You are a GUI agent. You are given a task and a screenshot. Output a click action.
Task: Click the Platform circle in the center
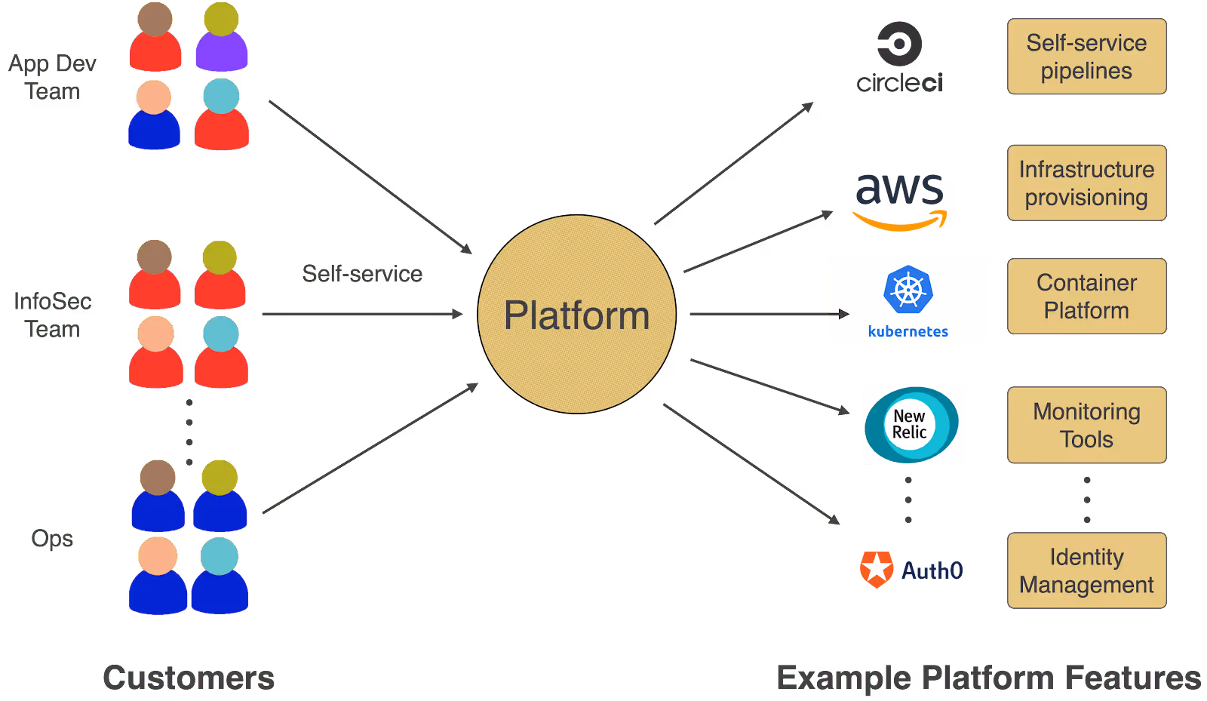click(577, 314)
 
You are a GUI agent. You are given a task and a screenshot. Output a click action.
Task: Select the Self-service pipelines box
click(1086, 57)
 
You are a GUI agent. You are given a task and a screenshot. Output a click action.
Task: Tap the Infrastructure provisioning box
click(1086, 183)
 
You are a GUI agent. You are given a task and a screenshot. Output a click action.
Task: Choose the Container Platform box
click(1086, 297)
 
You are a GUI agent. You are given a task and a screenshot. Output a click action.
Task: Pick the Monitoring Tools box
click(1086, 425)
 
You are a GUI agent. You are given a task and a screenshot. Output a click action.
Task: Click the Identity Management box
click(1086, 570)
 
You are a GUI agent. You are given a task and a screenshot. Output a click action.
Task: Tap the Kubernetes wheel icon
click(908, 290)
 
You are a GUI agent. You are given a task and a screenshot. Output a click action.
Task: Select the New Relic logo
click(911, 424)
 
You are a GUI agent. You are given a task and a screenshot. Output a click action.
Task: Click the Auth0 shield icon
click(876, 570)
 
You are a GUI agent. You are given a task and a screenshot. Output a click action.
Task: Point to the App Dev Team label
click(52, 77)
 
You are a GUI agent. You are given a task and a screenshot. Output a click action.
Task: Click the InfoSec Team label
click(52, 315)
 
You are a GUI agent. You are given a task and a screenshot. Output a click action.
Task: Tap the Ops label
click(52, 539)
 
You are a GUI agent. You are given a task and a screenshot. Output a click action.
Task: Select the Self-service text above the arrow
click(362, 273)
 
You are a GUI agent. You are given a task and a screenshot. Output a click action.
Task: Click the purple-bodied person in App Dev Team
click(221, 38)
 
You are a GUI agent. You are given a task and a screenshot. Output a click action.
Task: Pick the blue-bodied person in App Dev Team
click(154, 115)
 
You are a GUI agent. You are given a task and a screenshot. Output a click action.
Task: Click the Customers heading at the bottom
click(188, 678)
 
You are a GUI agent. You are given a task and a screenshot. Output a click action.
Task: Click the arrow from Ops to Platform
click(370, 448)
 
